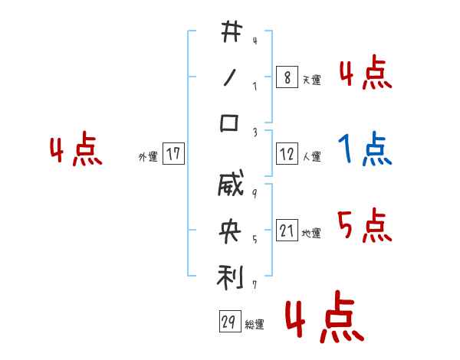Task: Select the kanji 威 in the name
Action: tap(230, 188)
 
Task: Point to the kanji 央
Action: tap(230, 232)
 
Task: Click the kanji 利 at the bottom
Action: tap(230, 276)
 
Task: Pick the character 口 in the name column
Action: tap(230, 123)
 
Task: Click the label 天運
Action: tap(311, 80)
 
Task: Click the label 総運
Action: tap(255, 324)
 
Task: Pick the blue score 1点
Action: tap(365, 149)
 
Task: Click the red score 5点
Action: tap(365, 225)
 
